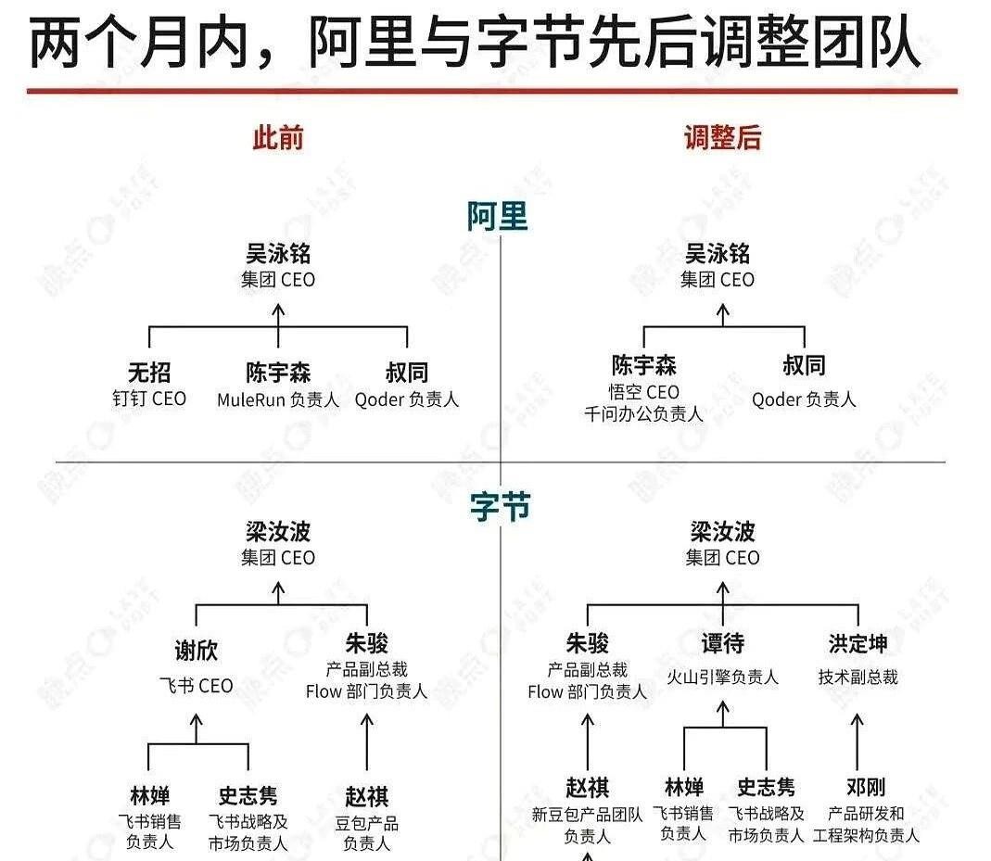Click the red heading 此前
pos(278,138)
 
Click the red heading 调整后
pos(722,138)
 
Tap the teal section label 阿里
pos(498,217)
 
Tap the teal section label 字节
pos(500,507)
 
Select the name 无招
pos(149,372)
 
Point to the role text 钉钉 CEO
pos(149,399)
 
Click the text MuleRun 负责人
pos(278,399)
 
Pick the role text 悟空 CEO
pos(643,392)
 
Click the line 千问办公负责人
pos(643,414)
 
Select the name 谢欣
pos(196,650)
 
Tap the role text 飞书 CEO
pos(196,686)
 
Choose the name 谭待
pos(722,644)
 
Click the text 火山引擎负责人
pos(722,677)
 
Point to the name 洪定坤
pos(858,644)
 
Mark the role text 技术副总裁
pos(858,677)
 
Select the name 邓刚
pos(866,787)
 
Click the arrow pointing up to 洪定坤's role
pos(857,741)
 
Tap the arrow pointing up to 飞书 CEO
pos(196,728)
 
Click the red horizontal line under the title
pos(491,91)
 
